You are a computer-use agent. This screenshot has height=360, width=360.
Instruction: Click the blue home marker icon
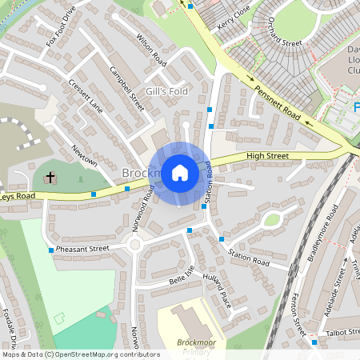179,172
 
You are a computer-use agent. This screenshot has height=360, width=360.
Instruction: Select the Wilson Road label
150,50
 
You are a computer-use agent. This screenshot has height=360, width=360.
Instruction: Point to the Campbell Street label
126,88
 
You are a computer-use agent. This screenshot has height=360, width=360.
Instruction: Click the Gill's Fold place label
166,92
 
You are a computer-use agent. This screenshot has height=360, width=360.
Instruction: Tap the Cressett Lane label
86,95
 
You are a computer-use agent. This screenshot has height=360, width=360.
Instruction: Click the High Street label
266,155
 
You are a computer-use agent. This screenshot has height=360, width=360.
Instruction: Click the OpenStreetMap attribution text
80,354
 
